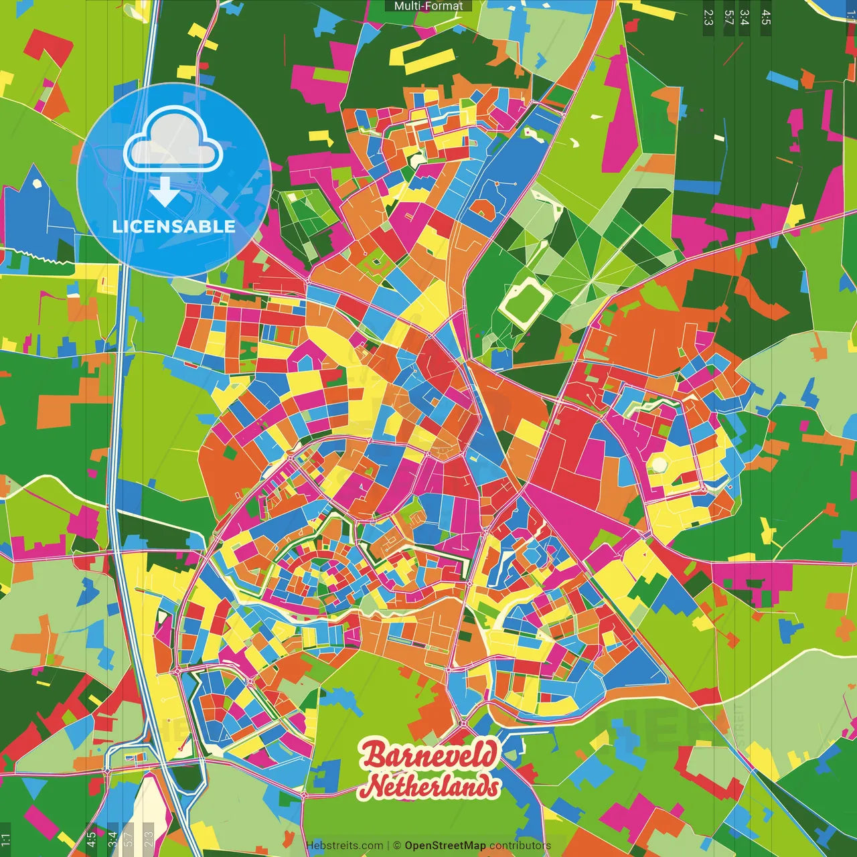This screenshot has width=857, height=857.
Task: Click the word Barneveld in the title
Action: tap(430, 755)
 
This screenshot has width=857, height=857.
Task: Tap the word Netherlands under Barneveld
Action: tap(433, 785)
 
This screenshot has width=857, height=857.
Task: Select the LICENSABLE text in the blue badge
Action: tap(174, 226)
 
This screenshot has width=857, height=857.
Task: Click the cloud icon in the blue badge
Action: tap(173, 142)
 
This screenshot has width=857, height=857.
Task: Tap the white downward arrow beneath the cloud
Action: tap(164, 192)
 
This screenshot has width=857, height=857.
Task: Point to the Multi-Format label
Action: tap(428, 6)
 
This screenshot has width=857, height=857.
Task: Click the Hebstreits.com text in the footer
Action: tap(344, 846)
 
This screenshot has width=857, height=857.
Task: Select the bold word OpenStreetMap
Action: tap(445, 846)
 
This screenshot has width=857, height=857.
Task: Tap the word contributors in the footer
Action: tap(520, 846)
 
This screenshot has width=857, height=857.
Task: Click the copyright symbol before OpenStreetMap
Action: tap(396, 846)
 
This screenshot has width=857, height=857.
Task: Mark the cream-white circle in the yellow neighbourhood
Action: tap(659, 464)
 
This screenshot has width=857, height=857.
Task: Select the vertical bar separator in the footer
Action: tap(388, 846)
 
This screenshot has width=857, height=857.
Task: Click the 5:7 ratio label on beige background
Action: tap(129, 838)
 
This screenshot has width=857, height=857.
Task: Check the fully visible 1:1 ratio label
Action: tap(5, 839)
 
